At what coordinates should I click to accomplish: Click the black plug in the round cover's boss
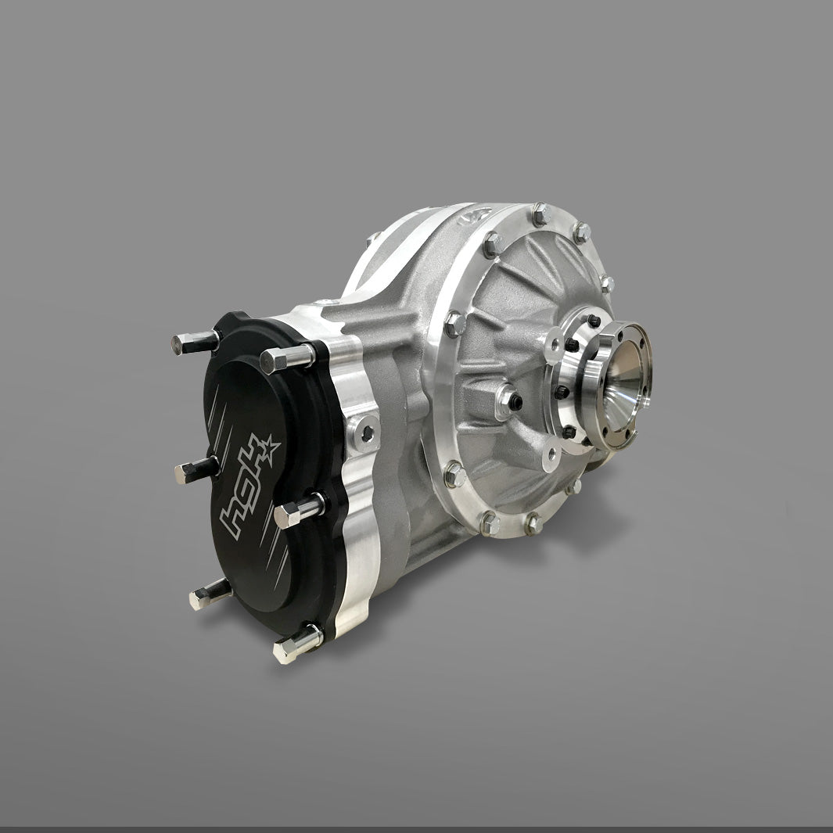514,402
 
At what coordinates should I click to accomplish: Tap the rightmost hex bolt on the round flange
606,283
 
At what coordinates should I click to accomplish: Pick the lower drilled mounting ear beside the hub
552,450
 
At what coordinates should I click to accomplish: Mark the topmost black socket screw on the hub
594,321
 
